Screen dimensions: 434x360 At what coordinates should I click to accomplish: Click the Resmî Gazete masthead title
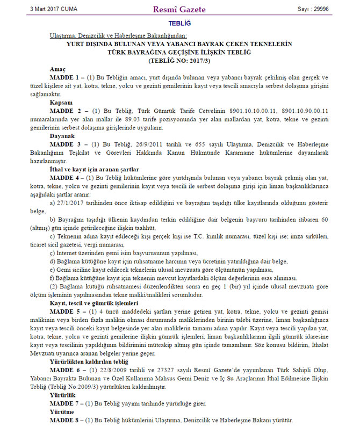pyautogui.click(x=179, y=9)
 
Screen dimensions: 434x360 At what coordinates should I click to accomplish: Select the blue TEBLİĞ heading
pyautogui.click(x=179, y=24)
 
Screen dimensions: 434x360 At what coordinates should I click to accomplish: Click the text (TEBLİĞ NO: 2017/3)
pyautogui.click(x=179, y=61)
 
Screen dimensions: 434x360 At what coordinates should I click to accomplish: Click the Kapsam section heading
pyautogui.click(x=61, y=102)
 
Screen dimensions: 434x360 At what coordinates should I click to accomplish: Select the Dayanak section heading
pyautogui.click(x=62, y=136)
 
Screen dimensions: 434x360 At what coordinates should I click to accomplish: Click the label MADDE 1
pyautogui.click(x=65, y=78)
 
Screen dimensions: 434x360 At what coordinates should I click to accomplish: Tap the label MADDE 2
pyautogui.click(x=65, y=111)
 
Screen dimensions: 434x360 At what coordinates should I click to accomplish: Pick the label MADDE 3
pyautogui.click(x=65, y=144)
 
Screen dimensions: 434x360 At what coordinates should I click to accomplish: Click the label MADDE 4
pyautogui.click(x=65, y=177)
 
